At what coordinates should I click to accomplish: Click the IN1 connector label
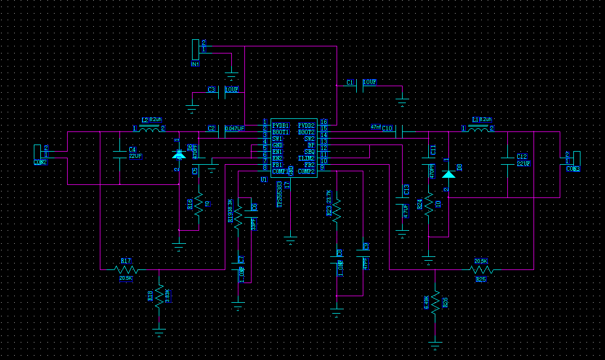195,64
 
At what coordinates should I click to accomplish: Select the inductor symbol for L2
149,129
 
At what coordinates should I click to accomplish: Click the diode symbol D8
448,175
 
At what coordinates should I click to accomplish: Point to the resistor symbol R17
127,269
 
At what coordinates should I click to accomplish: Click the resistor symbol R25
481,269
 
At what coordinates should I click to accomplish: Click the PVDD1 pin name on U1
281,125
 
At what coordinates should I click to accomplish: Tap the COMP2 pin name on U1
306,171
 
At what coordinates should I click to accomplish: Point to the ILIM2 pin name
306,158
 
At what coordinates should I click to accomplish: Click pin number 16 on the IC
324,122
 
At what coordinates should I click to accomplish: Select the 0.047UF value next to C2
235,128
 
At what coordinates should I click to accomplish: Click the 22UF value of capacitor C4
135,156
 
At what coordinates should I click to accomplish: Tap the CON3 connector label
572,169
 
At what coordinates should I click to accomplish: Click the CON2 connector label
40,162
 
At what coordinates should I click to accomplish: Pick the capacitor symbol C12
508,160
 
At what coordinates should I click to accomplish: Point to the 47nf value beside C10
375,127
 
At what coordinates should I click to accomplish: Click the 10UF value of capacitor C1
369,82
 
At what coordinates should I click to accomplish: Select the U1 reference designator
263,179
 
